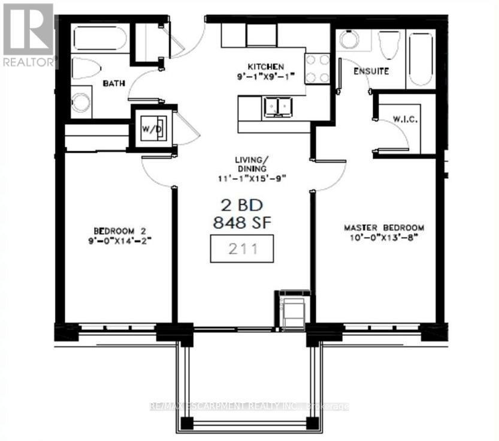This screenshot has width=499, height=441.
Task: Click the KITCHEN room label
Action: pos(267,66)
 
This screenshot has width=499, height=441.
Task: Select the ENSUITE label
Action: pos(371,71)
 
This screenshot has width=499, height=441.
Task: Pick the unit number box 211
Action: pos(241,248)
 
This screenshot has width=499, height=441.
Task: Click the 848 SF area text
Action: pos(243,222)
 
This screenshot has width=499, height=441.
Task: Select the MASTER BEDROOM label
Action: pos(384,228)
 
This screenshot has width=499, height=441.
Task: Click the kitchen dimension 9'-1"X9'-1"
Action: pos(267,76)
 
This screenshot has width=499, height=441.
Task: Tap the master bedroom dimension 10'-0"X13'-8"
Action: pos(384,237)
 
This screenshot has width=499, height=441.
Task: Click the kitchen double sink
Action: pos(277,107)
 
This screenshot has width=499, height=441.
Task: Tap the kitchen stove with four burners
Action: pos(317,68)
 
